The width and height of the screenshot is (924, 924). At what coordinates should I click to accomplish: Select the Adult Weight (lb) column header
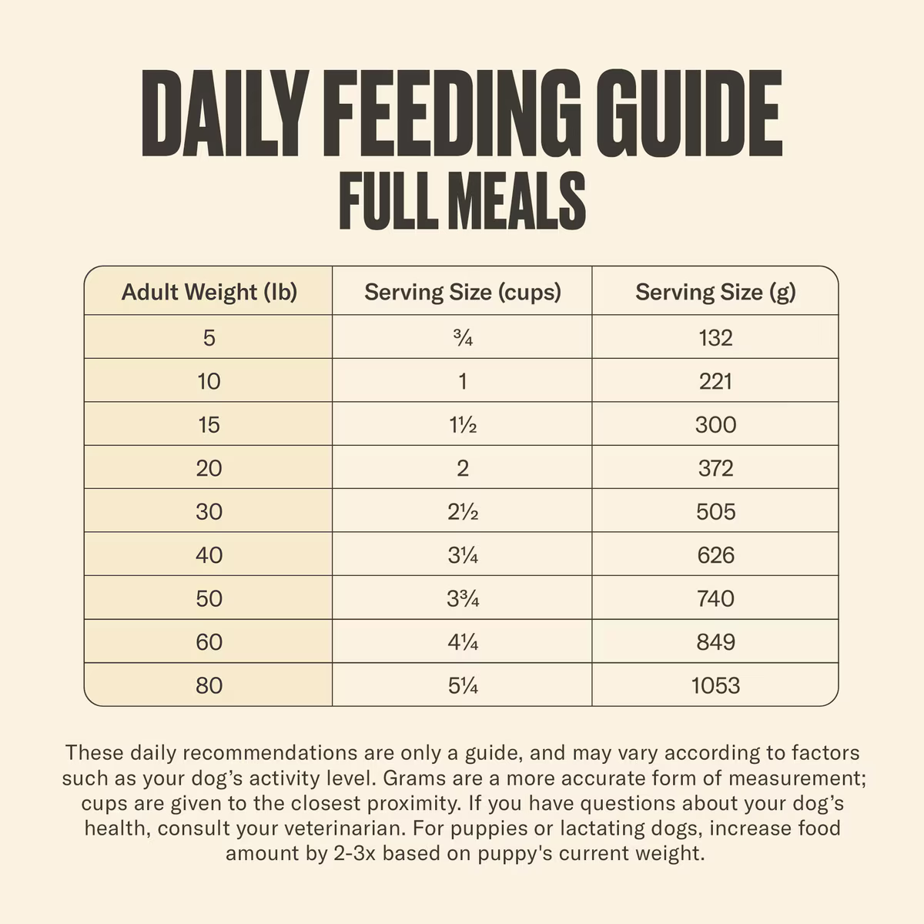pos(209,292)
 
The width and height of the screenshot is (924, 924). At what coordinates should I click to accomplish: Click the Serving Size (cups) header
pos(462,292)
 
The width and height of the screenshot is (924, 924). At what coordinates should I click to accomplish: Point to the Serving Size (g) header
pos(715,292)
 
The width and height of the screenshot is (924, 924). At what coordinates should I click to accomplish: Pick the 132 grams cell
pos(715,337)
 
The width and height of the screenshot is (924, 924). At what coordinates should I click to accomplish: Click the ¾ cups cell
pos(462,337)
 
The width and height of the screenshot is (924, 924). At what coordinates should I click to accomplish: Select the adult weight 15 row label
pos(209,424)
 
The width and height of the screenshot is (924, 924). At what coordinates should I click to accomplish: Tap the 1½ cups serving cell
pos(462,424)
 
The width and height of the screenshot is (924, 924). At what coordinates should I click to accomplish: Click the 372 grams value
pos(715,468)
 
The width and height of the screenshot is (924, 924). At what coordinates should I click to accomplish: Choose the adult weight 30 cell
pos(209,511)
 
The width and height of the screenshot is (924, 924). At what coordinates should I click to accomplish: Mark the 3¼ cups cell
pos(462,555)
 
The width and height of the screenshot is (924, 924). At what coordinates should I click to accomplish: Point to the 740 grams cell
pos(715,598)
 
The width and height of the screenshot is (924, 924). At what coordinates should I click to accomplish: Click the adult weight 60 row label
pos(209,641)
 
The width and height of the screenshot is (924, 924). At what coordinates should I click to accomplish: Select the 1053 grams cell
pos(715,685)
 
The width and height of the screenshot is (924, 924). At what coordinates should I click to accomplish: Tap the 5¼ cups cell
pos(462,685)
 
